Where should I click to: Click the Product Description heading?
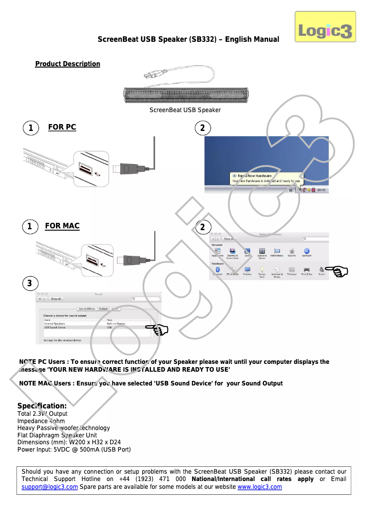(x=67, y=64)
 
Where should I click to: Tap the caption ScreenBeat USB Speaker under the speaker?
(x=185, y=110)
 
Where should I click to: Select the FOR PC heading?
(x=62, y=127)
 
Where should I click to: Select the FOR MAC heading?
(x=62, y=226)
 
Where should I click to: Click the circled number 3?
(x=29, y=283)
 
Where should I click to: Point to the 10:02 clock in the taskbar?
(x=321, y=190)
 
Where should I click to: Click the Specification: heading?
(x=42, y=406)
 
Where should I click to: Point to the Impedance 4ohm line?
(x=41, y=421)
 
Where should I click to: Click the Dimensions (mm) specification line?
(x=69, y=442)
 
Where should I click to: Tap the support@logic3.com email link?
(x=50, y=487)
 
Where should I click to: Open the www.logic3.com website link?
(x=259, y=487)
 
